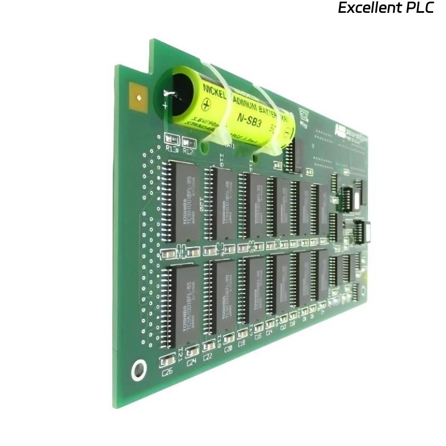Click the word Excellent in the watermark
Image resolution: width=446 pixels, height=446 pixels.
point(366,8)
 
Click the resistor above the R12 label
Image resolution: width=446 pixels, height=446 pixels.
point(189,142)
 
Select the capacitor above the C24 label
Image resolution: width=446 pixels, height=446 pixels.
point(192,351)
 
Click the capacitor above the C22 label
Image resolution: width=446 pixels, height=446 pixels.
point(209,345)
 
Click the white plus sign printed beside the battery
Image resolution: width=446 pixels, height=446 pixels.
point(164,105)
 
